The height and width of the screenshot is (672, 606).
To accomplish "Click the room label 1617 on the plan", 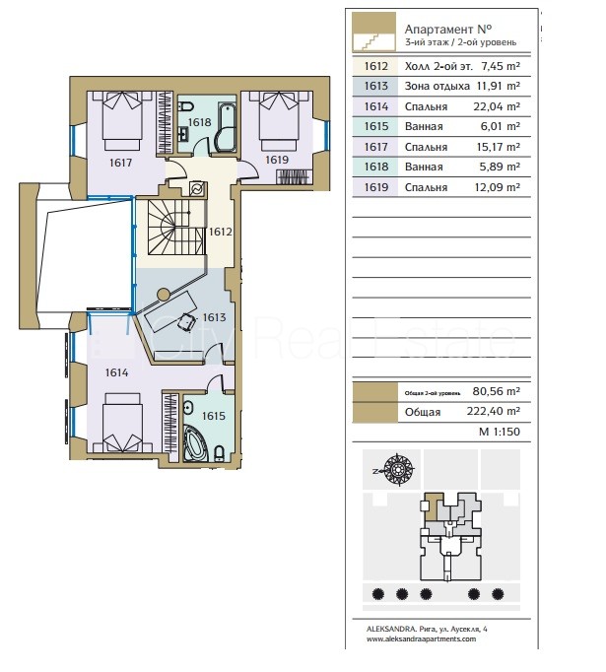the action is pos(120,163).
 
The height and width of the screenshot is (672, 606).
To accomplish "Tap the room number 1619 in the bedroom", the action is pos(277,160).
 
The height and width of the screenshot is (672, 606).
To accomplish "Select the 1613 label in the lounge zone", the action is pos(214,317).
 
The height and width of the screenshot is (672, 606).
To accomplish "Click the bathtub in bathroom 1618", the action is pos(225,127).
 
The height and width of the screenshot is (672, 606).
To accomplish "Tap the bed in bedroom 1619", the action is pos(278,121).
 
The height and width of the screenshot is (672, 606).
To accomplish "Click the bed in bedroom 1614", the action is pos(122,422).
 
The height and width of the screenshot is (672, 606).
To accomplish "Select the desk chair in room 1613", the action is pos(186,322).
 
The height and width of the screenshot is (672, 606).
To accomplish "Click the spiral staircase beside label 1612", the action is pos(176,228).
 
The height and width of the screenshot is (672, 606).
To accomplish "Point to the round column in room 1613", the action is pos(163,294).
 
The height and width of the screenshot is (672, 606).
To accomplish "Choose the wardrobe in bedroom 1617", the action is pos(165,122).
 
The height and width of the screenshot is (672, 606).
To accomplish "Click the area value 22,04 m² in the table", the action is pos(497,106).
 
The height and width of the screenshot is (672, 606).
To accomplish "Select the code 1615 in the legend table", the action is pos(375,126).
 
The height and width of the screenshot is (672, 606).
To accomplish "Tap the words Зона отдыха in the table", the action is pos(438,86).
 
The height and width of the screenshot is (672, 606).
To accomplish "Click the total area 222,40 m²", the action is pos(494,411).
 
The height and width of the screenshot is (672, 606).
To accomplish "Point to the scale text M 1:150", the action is pos(500,432).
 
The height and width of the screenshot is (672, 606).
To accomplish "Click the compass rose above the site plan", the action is pos(398,469).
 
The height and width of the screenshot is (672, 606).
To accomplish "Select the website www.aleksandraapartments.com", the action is pos(421,639).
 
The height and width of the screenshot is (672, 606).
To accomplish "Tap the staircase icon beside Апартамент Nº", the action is pos(373,33).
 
